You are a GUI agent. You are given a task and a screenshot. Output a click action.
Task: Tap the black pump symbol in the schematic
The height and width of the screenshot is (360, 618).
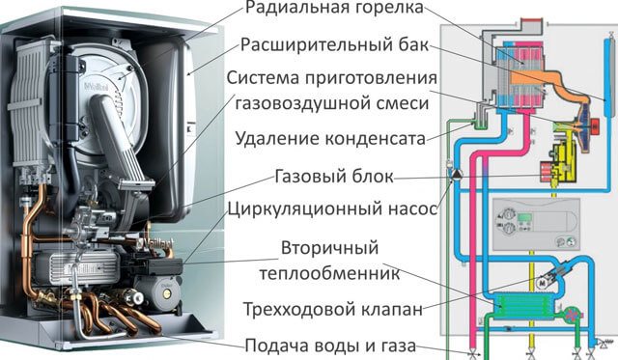pyautogui.click(x=455, y=177)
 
